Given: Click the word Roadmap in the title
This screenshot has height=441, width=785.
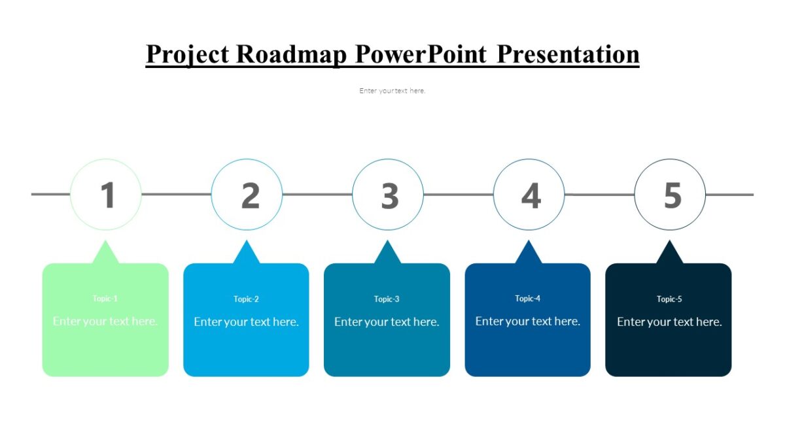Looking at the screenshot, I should coord(291,54).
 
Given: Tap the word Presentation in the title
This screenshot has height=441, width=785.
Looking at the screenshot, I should coord(568,54).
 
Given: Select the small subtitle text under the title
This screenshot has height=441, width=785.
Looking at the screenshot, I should coord(392,91).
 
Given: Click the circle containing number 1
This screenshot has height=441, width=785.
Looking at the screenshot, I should coord(106,195).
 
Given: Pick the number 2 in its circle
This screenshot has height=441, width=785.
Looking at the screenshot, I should coord(249,195).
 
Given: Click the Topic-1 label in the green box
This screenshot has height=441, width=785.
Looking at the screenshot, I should coord(105,299).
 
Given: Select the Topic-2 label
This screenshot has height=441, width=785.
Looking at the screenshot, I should coord(247,299).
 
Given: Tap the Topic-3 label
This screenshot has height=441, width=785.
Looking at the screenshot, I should coord(387,299).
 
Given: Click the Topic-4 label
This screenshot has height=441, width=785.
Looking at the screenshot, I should coord(528,299).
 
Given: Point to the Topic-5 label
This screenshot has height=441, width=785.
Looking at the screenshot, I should coord(669,299).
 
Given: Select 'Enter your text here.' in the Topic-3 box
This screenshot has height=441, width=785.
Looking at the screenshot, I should coord(387,321).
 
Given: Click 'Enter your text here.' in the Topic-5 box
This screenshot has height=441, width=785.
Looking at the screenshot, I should coord(669,321).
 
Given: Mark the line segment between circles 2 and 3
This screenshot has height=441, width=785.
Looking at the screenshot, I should coord(317,194).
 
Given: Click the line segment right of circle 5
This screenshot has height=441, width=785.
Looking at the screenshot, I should coord(729,194).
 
